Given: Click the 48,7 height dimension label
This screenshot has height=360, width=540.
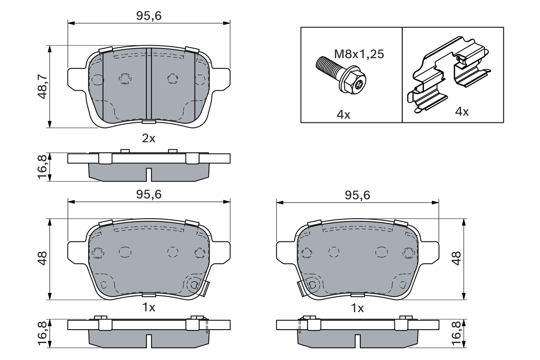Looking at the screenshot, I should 42,87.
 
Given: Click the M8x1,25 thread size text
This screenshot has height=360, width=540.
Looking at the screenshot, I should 359,54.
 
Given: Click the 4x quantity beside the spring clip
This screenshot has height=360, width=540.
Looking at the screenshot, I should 462,112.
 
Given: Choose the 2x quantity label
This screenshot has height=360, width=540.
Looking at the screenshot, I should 148,138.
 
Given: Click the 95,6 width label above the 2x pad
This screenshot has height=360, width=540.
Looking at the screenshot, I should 148,16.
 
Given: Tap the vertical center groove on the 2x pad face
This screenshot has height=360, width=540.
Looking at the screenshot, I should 148,84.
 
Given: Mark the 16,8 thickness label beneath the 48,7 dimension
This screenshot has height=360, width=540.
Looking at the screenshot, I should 42,167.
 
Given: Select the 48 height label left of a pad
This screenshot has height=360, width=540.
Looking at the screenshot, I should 42,259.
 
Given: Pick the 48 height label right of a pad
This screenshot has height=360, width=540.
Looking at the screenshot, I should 456,259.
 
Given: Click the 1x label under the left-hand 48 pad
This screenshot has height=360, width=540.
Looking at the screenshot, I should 148,308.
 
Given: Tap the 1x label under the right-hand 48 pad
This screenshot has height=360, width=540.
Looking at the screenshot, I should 357,308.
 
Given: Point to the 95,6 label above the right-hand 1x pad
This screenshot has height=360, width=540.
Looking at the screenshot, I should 357,195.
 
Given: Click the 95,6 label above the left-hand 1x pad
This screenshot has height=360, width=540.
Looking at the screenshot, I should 148,195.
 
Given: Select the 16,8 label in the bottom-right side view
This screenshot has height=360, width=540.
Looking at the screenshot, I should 456,333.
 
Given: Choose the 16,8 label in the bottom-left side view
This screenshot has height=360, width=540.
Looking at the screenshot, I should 42,333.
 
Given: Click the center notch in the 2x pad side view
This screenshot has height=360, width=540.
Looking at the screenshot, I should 148,174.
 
